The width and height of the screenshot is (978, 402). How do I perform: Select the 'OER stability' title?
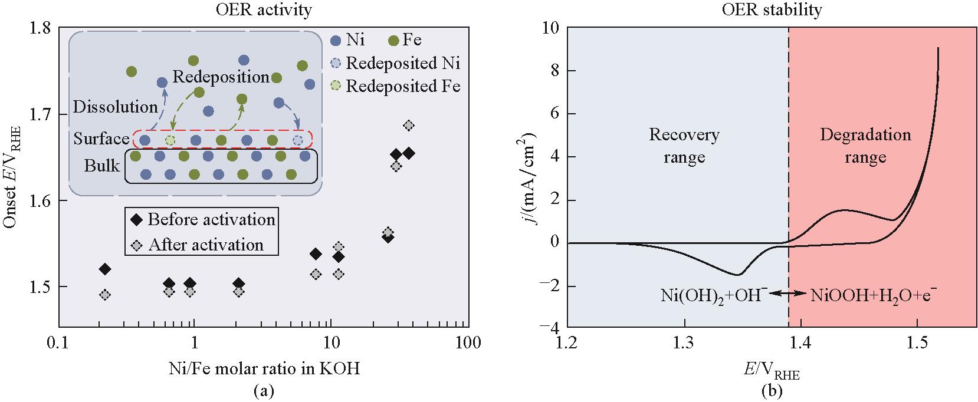(x=771, y=10)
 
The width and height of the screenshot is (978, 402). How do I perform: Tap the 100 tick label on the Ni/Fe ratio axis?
(x=469, y=342)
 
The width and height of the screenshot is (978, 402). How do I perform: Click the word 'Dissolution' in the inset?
(x=115, y=107)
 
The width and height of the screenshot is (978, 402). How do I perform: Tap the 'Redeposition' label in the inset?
(x=221, y=77)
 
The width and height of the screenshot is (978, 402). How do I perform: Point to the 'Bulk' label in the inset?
(x=101, y=166)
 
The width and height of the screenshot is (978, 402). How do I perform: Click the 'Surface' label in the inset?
(x=101, y=139)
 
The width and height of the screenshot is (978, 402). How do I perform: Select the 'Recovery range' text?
(x=684, y=146)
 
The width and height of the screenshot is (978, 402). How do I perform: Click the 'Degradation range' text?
(x=865, y=146)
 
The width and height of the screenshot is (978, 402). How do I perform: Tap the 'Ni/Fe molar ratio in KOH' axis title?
(x=263, y=369)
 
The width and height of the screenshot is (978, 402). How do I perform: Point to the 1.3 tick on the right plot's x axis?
(x=684, y=342)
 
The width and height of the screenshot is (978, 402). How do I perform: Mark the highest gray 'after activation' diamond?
(x=409, y=126)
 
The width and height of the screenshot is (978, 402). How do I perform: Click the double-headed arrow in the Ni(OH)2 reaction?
(x=789, y=293)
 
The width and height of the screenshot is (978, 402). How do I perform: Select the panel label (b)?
(x=772, y=390)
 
